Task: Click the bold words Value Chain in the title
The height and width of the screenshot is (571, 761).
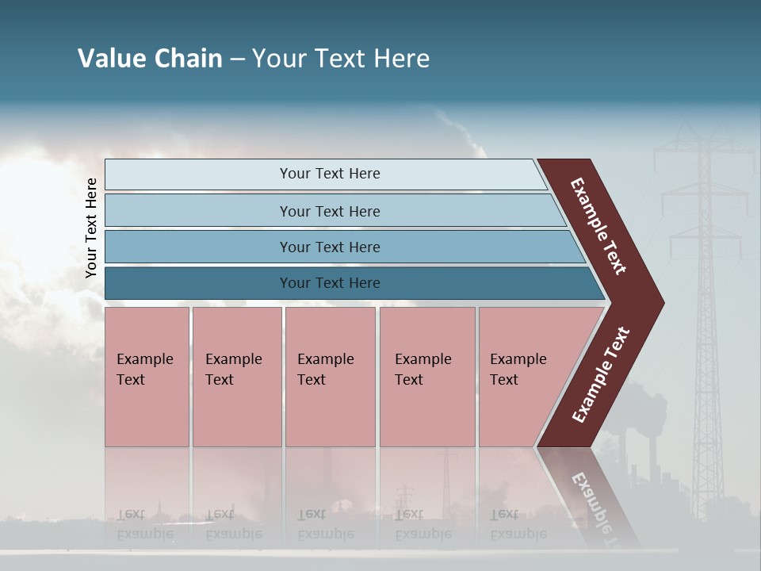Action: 150,59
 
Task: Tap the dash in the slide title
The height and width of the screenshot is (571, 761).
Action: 237,59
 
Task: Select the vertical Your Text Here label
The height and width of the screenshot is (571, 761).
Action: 91,228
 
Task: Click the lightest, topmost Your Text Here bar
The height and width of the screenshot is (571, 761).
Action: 329,174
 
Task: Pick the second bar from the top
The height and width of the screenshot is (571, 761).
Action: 329,211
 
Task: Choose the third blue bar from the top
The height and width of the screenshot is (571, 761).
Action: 329,247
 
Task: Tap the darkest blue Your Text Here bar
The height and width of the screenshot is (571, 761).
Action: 329,283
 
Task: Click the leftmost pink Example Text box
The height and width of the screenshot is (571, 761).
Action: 147,377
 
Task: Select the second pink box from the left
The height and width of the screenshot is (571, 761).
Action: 236,377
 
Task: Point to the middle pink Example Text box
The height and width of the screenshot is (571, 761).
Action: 330,377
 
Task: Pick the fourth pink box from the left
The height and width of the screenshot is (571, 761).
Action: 427,377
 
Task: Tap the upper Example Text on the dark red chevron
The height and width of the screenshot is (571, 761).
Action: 598,226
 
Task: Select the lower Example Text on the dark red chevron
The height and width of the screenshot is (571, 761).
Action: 600,375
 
